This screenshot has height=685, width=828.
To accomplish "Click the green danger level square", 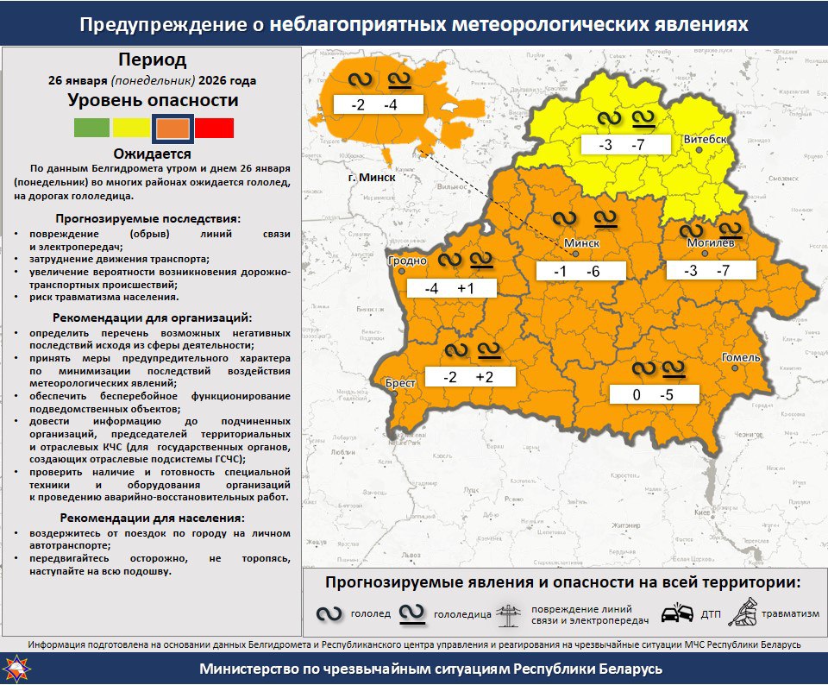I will [x=91, y=128].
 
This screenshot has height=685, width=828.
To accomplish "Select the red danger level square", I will [x=214, y=128].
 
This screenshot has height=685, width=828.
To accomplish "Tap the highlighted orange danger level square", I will [x=172, y=128].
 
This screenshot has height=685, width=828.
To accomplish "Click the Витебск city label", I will [x=706, y=139].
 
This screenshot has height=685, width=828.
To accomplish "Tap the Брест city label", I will [x=401, y=382].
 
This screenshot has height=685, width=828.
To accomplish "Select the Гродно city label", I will [x=408, y=261].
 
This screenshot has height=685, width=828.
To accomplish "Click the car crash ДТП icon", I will [x=676, y=613].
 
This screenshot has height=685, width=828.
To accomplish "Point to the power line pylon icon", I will [x=510, y=613].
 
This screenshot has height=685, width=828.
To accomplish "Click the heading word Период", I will [x=152, y=60].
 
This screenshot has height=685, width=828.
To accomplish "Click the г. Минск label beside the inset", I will [x=372, y=177].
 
